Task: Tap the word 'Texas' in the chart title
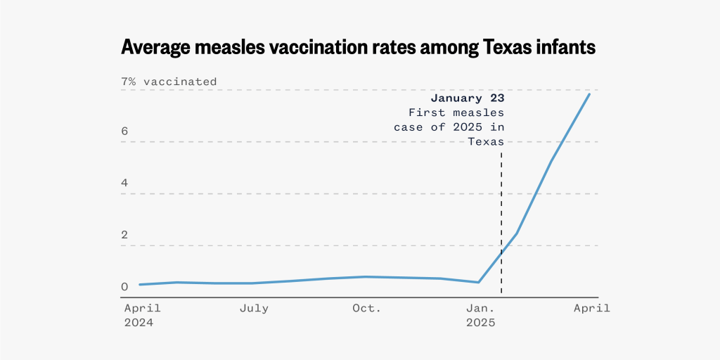coord(497,47)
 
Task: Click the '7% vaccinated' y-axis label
coord(169,82)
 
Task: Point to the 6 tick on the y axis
coord(124,131)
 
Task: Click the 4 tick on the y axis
coord(124,184)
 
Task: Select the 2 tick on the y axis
coord(124,236)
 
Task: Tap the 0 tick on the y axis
coord(124,287)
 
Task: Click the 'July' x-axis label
coord(254,309)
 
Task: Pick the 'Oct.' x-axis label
coord(366,309)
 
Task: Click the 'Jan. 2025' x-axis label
coord(481,316)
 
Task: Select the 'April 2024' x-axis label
coord(143,316)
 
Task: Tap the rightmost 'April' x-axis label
coord(591,309)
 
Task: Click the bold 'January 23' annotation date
coord(468,98)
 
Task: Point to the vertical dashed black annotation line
coord(501,211)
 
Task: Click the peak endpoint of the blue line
coord(589,94)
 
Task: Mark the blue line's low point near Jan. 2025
coord(478,283)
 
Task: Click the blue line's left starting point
coord(140,285)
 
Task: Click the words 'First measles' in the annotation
coord(456,112)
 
